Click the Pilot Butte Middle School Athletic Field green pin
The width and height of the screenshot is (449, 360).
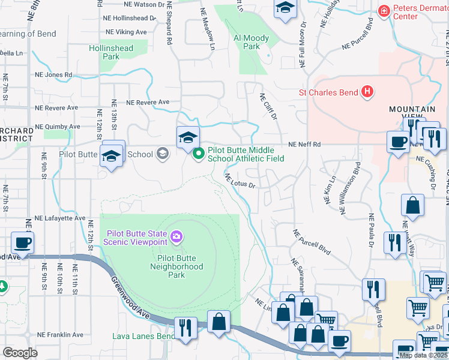(x=199, y=154)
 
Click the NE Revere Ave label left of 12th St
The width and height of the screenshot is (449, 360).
(x=56, y=108)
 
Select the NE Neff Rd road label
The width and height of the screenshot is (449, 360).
(x=304, y=145)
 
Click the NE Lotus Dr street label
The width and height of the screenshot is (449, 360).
(x=241, y=181)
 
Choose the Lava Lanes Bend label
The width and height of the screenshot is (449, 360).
(x=143, y=336)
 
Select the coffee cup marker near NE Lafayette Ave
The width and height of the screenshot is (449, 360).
(x=23, y=243)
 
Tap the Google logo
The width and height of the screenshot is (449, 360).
(x=20, y=352)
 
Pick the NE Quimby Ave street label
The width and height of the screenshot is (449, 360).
(x=58, y=127)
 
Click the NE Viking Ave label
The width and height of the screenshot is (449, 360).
(x=125, y=31)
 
